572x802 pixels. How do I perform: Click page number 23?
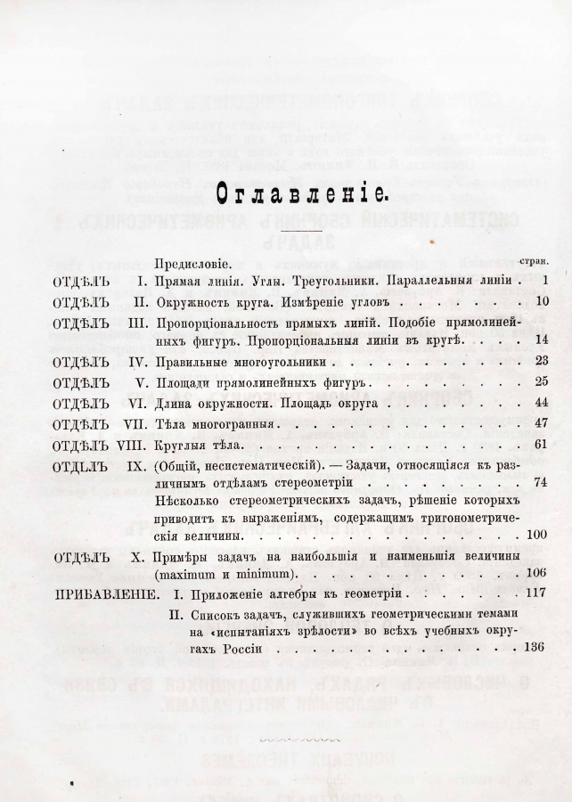pos(540,363)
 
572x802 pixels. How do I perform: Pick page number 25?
pos(540,383)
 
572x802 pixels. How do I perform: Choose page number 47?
pos(540,424)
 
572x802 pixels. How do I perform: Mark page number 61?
pos(540,444)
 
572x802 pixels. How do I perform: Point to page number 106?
pos(537,572)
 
